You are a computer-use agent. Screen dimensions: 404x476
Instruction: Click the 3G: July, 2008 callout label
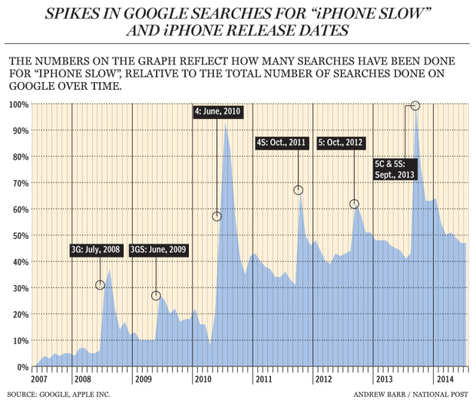point(95,250)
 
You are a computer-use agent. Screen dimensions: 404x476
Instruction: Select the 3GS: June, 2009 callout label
point(157,250)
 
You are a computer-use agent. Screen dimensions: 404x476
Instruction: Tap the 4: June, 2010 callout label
point(218,111)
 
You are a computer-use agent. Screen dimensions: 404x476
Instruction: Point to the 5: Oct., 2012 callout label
point(342,143)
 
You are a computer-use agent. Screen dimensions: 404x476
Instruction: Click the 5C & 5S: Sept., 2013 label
point(394,169)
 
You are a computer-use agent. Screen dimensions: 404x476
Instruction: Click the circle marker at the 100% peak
point(415,105)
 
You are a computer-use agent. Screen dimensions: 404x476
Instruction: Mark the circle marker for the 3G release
point(100,285)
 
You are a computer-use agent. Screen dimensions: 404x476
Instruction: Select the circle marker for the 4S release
point(298,190)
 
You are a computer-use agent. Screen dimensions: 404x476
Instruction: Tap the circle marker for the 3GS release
point(156,296)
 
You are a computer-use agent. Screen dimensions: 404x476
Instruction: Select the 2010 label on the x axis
point(202,379)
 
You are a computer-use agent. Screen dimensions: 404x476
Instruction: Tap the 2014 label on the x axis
point(443,379)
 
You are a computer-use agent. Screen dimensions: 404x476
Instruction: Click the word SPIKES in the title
point(82,14)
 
